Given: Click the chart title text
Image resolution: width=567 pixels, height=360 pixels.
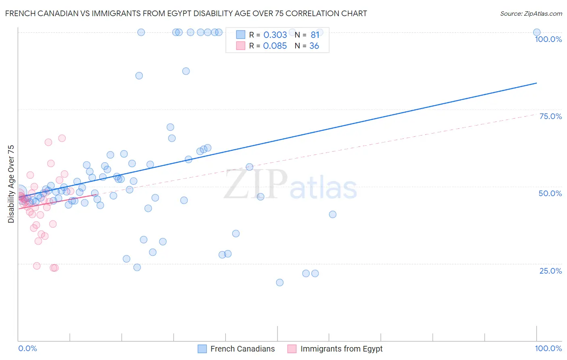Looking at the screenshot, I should (x=186, y=13).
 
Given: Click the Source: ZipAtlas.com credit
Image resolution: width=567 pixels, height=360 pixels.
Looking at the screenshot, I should (x=531, y=13).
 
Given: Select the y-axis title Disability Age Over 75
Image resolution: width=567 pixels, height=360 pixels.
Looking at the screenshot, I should (x=11, y=184).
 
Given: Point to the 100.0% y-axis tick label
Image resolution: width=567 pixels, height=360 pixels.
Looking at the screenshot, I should (x=548, y=39).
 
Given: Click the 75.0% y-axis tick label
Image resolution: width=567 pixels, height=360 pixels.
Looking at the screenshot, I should (x=550, y=116).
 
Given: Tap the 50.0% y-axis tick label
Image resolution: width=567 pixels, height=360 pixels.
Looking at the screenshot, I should (x=550, y=193).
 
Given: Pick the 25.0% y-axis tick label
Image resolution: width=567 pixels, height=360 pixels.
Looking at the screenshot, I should (x=550, y=271).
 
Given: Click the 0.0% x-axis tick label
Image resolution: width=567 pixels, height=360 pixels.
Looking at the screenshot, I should (x=27, y=348).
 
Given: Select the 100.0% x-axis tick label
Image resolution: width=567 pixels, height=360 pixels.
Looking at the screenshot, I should (x=548, y=348).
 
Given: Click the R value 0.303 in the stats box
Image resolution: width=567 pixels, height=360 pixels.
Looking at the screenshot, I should (x=275, y=35).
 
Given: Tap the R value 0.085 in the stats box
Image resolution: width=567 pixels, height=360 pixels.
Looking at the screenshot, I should (x=275, y=46).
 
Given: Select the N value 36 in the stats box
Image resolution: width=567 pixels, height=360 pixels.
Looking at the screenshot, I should (x=314, y=46).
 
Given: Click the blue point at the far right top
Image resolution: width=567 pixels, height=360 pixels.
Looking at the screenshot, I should (x=537, y=32).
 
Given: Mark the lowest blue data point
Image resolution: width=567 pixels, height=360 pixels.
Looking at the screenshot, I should (x=279, y=283).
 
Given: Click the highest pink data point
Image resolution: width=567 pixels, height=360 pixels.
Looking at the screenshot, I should (x=62, y=138).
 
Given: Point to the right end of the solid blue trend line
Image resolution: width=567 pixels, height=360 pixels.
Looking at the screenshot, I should (x=537, y=83).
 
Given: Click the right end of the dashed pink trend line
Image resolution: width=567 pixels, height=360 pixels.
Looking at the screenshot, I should (x=537, y=114).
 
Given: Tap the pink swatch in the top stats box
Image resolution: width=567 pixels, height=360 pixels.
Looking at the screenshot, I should (x=241, y=46).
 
